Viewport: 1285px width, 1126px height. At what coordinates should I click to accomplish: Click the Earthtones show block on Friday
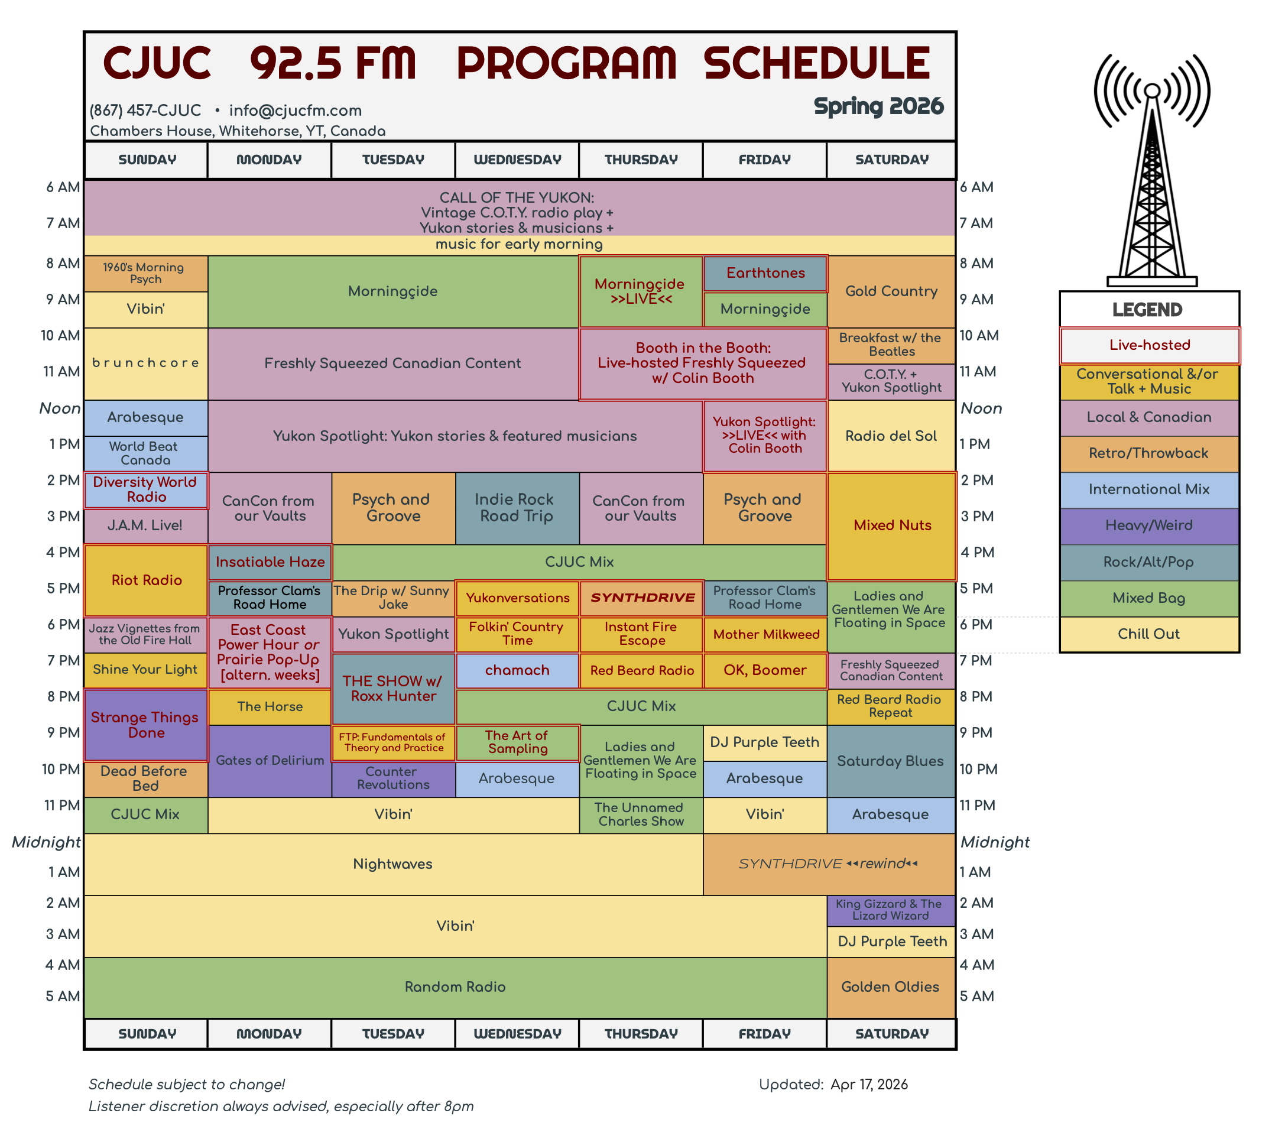click(765, 273)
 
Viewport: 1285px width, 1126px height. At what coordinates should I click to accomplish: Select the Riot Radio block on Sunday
click(146, 580)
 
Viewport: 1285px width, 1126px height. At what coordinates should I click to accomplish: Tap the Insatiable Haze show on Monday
click(270, 562)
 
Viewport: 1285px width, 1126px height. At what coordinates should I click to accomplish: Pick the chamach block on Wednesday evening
click(517, 670)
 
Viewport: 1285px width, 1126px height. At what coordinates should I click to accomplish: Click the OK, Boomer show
click(765, 670)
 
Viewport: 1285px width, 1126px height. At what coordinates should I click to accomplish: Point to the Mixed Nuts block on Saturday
click(892, 526)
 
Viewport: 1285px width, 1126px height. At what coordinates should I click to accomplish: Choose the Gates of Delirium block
click(270, 761)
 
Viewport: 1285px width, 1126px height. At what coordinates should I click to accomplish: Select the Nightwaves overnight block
click(393, 864)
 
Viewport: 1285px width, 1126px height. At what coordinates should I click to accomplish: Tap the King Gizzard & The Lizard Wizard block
click(891, 910)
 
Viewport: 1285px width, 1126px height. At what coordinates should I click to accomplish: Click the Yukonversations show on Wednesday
click(517, 598)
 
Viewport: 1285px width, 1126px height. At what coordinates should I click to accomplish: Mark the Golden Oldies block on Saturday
click(891, 987)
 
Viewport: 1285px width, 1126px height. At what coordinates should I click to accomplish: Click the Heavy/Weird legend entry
click(1148, 526)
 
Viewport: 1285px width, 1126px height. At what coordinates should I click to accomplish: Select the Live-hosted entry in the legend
click(1149, 346)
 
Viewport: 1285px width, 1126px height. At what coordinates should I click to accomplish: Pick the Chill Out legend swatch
click(1148, 635)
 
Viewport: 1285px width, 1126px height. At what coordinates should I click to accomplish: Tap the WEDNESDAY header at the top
click(517, 160)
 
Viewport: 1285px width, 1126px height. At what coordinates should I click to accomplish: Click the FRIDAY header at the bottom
click(765, 1034)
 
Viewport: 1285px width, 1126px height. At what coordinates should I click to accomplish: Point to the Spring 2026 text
click(878, 107)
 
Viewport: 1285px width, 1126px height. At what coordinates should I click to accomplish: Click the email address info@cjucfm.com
click(296, 111)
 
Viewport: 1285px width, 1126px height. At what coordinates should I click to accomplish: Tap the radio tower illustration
click(1152, 170)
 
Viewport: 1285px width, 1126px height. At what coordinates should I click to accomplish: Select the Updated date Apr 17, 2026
click(869, 1085)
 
